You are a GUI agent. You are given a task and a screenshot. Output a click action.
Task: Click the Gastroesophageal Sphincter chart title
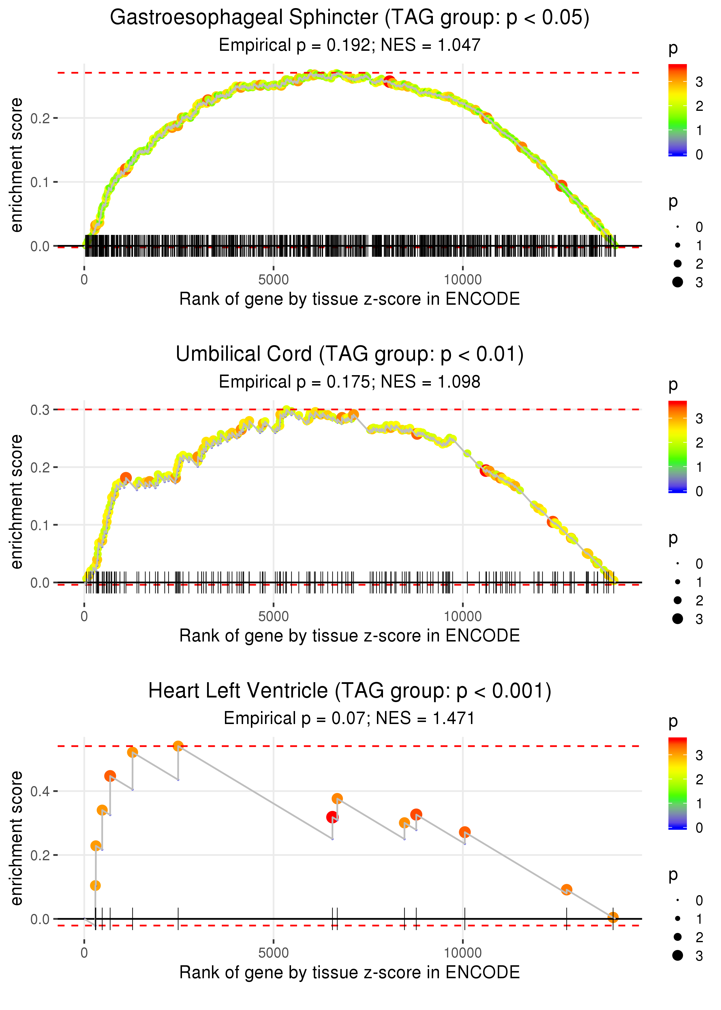(350, 18)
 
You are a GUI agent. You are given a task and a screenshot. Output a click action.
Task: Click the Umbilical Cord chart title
(350, 354)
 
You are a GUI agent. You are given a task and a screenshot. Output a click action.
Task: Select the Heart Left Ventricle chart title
(350, 691)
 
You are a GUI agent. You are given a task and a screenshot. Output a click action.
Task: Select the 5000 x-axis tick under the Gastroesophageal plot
(273, 280)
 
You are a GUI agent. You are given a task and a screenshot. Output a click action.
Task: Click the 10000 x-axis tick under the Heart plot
(463, 953)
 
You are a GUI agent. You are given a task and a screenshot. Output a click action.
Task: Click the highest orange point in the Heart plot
(178, 746)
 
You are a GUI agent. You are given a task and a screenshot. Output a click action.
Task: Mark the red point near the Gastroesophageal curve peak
(389, 81)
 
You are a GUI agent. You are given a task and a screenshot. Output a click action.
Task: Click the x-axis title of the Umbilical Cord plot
(350, 636)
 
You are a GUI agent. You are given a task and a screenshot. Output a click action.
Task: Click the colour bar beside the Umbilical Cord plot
(677, 446)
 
